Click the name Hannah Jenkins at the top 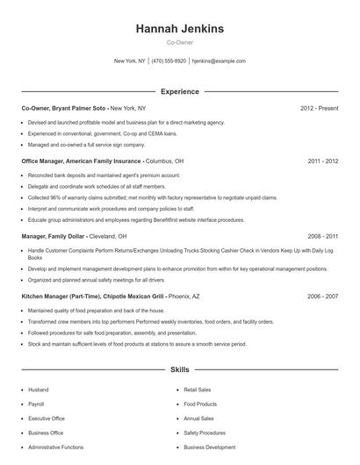click(x=179, y=29)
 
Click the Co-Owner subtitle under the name click(x=179, y=42)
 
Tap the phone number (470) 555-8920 click(x=169, y=61)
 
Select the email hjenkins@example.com click(x=219, y=61)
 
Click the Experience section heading click(x=179, y=91)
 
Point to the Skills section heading click(x=179, y=369)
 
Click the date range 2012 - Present click(x=319, y=108)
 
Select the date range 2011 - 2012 click(x=322, y=161)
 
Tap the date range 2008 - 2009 click(x=322, y=236)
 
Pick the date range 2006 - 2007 click(x=322, y=297)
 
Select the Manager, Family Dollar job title click(x=57, y=236)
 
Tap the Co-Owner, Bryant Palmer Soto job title click(x=63, y=108)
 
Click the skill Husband click(x=39, y=389)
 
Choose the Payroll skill click(x=36, y=404)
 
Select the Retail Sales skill click(x=198, y=389)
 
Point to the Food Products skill click(x=200, y=404)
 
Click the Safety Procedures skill click(x=205, y=433)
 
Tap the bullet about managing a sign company click(x=86, y=144)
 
